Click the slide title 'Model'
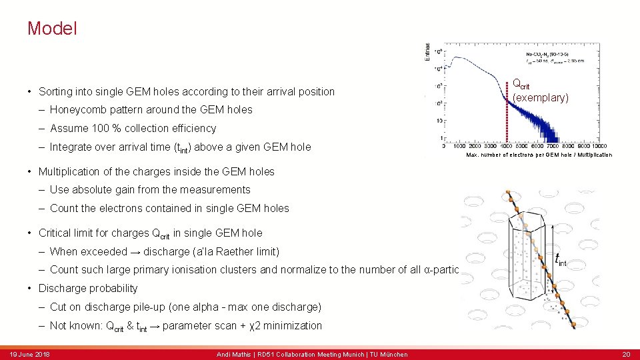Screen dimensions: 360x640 (x=52, y=29)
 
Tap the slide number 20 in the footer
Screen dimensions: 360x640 (x=626, y=354)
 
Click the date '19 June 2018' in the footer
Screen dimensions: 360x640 (x=29, y=354)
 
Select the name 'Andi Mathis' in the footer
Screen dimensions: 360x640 (x=233, y=354)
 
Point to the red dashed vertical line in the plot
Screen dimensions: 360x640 (x=507, y=113)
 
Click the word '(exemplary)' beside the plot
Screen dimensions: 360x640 (x=540, y=98)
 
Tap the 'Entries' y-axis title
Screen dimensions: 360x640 (x=427, y=51)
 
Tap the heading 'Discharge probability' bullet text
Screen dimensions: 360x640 (x=88, y=288)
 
